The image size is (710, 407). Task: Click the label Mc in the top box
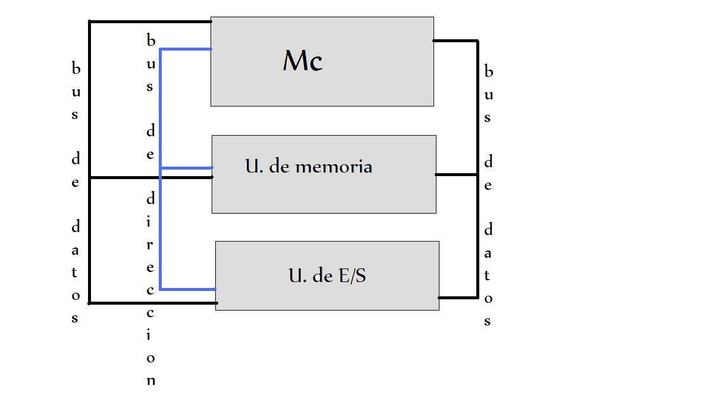303,61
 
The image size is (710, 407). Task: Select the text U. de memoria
309,166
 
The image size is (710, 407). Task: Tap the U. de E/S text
327,275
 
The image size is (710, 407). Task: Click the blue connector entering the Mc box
186,49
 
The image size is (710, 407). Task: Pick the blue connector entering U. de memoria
186,168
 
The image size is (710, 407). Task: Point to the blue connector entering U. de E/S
187,289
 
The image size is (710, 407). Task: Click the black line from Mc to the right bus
455,41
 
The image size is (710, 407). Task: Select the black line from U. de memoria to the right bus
457,174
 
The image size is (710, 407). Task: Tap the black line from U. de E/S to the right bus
458,297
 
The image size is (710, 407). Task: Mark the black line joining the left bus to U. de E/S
152,303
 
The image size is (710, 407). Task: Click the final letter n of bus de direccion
150,381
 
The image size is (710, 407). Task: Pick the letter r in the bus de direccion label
150,244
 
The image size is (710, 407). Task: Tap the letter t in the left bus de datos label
76,273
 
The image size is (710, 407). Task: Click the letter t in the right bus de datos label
488,275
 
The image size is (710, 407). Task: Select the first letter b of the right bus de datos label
489,71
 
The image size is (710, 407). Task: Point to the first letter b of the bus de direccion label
150,40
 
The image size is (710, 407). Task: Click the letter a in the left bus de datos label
76,250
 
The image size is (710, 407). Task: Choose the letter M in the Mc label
295,60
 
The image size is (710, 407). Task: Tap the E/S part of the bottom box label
351,276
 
